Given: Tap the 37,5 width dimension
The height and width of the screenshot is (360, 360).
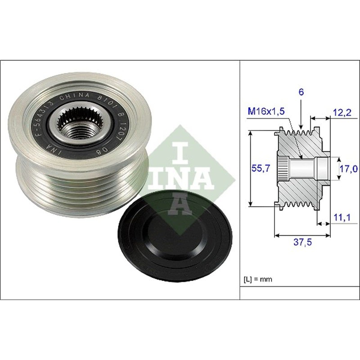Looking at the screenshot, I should (302, 243).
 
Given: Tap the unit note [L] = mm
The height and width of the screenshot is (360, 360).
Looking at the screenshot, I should (258, 279).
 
